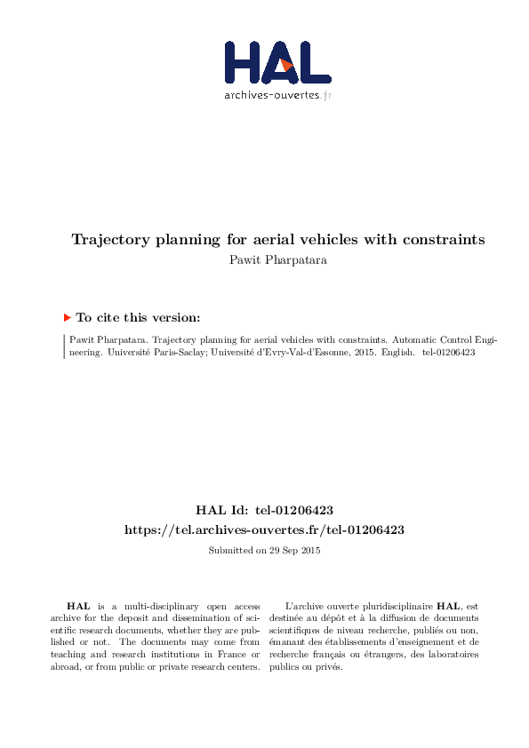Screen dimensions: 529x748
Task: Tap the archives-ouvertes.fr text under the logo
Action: coord(277,95)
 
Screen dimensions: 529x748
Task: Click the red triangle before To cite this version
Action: coord(67,317)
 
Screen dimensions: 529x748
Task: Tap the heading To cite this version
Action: coord(138,317)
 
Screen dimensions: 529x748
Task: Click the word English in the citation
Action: coord(395,352)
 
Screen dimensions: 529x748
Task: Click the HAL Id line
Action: coord(264,510)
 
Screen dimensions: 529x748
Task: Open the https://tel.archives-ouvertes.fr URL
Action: coord(264,529)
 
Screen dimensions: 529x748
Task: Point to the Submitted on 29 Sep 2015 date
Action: coord(264,551)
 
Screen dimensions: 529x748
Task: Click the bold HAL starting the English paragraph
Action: coord(77,605)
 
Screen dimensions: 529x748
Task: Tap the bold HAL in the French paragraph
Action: coord(447,605)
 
